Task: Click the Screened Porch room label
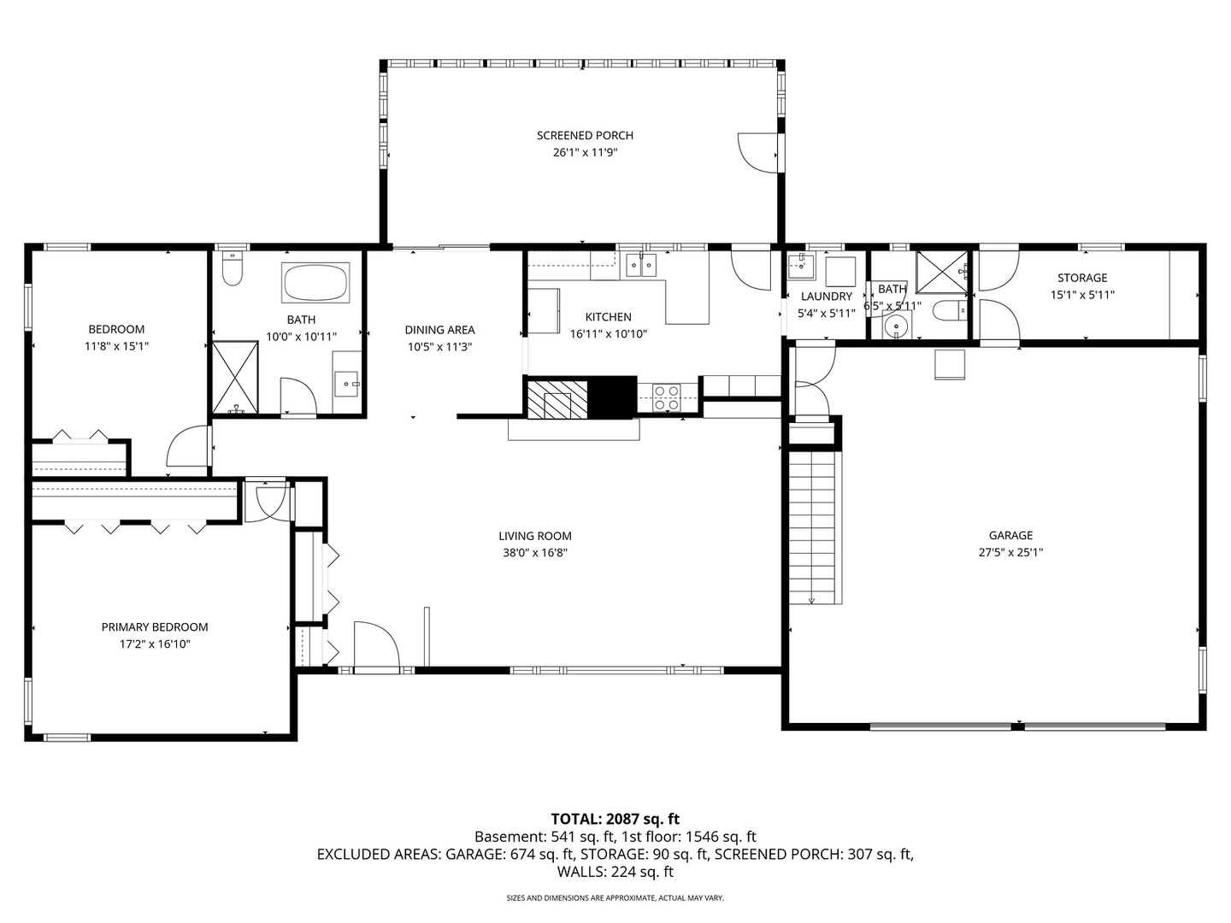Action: click(585, 135)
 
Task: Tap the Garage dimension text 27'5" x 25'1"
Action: click(1010, 552)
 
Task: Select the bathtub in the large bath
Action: click(315, 282)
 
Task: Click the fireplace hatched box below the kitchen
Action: click(557, 398)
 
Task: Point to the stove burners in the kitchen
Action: click(666, 397)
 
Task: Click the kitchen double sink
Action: click(640, 265)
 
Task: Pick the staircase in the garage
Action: click(811, 526)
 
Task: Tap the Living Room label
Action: click(535, 536)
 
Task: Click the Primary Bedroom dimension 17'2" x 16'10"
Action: click(155, 644)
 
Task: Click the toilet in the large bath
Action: click(232, 269)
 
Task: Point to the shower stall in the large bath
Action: click(234, 377)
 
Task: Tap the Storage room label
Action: click(1081, 278)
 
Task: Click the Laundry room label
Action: click(826, 297)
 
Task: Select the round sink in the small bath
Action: click(895, 326)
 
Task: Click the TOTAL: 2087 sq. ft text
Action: click(615, 819)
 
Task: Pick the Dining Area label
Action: click(439, 330)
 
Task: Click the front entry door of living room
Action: click(375, 645)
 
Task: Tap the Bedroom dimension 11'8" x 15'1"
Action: click(116, 346)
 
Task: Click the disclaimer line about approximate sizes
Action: click(615, 898)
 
